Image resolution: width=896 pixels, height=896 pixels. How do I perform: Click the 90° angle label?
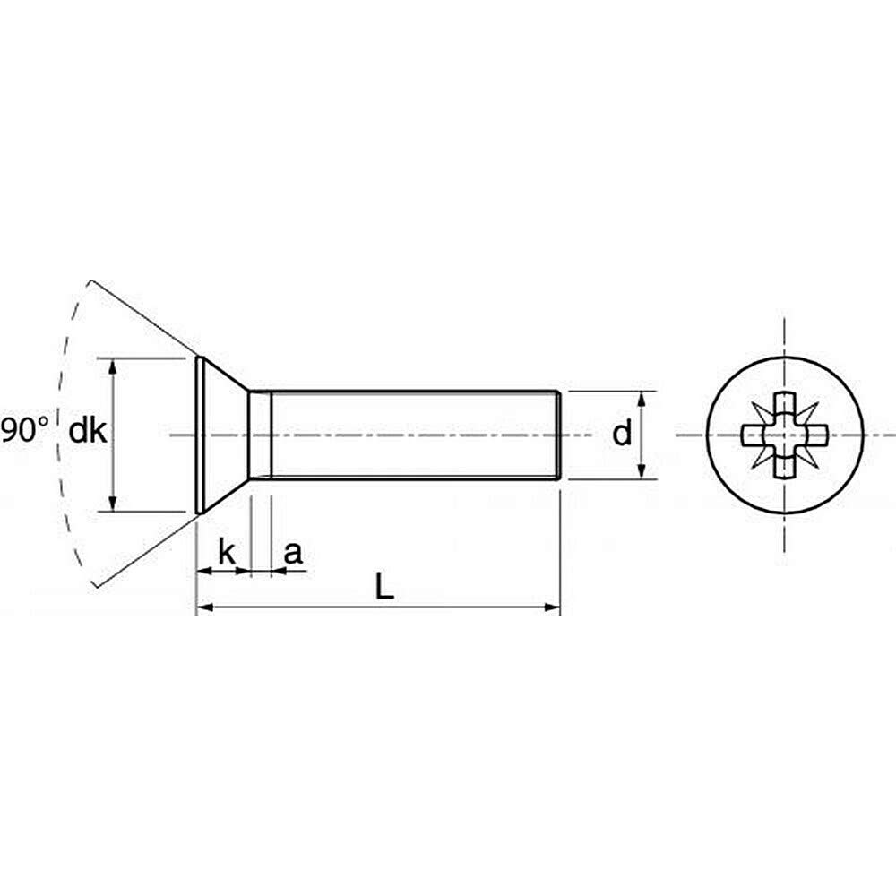click(24, 429)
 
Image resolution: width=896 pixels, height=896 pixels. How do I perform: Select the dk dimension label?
click(89, 432)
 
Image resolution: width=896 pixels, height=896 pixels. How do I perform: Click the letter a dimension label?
click(292, 554)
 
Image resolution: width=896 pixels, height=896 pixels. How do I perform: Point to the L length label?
click(383, 587)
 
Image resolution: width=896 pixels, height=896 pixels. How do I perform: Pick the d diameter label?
click(622, 435)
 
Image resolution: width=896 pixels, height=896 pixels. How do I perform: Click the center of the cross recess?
click(785, 436)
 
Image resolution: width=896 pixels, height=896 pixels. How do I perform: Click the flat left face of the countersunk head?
click(198, 435)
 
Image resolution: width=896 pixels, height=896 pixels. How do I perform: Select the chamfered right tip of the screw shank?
click(559, 435)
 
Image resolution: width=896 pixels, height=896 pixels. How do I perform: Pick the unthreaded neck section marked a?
click(260, 435)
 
